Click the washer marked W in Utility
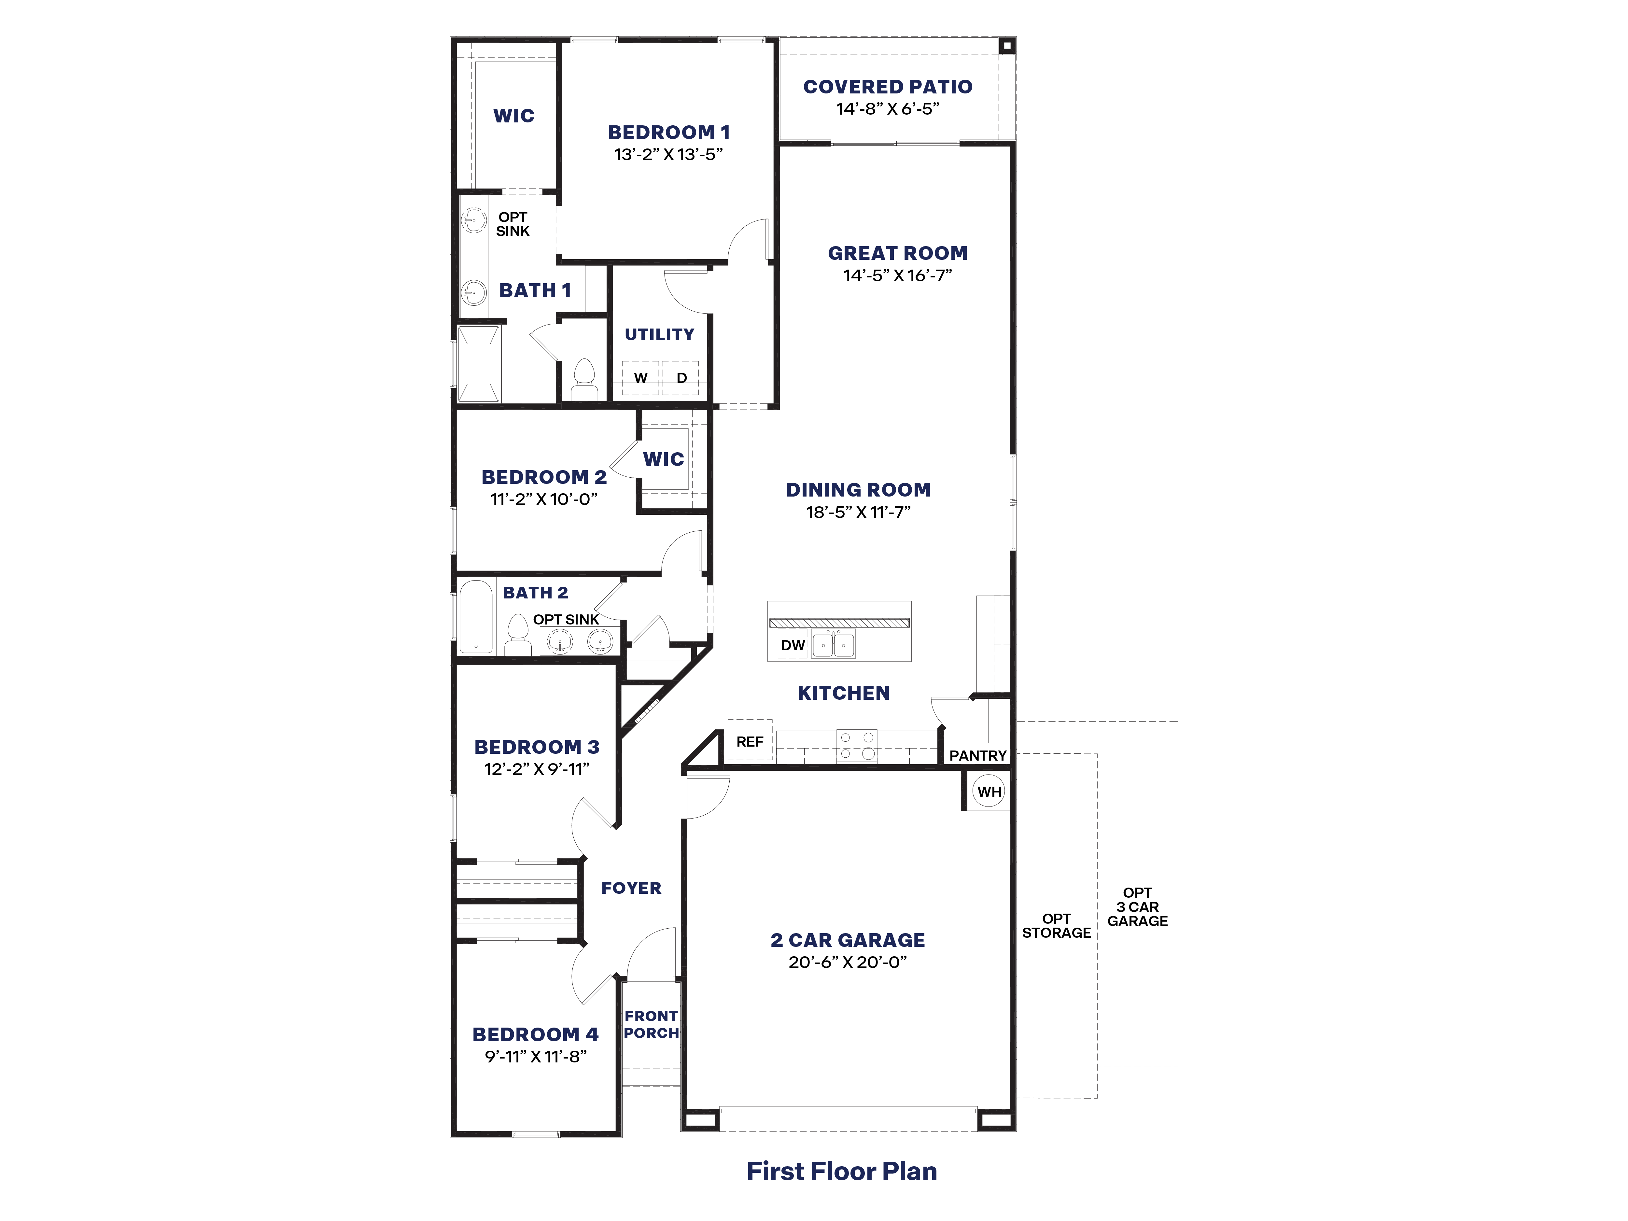point(640,378)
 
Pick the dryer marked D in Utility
point(681,378)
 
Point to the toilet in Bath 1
point(584,380)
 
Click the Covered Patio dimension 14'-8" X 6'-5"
point(888,109)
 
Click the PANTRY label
point(977,755)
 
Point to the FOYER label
point(631,888)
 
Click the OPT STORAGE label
point(1056,926)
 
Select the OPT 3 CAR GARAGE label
point(1137,907)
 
